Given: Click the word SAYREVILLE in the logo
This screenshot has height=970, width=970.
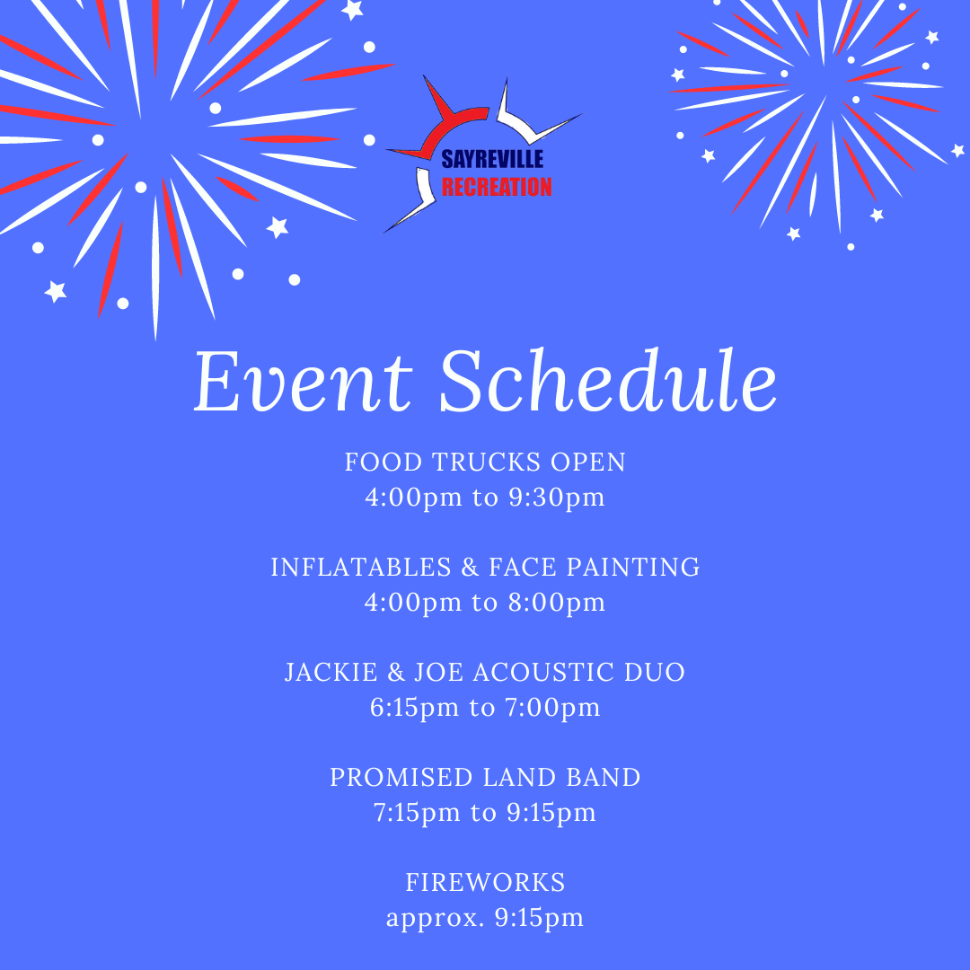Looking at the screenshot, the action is [492, 159].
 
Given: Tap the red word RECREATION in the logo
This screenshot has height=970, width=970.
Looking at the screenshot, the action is [497, 187].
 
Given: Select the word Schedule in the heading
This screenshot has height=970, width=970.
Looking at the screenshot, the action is [608, 380].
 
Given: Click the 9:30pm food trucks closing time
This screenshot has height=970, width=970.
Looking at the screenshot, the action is [557, 498].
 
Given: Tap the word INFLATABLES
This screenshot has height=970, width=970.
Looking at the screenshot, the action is [361, 568].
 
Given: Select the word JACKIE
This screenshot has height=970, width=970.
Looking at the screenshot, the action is [331, 673].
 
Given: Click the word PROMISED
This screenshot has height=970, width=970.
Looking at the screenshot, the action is [401, 778].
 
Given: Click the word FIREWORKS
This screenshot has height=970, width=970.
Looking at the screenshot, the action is [486, 883].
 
